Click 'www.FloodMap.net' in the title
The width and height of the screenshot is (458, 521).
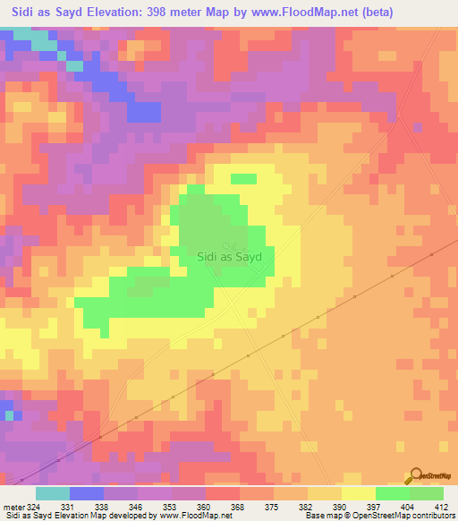pos(296,12)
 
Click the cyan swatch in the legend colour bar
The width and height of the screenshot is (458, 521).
pos(53,493)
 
